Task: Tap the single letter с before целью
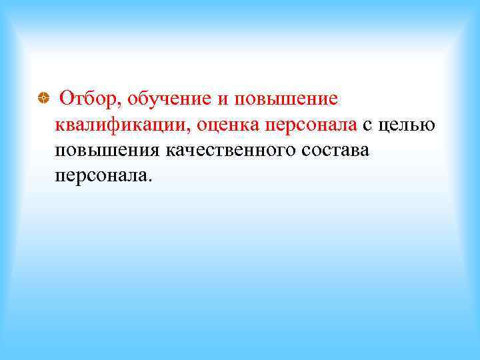click(368, 125)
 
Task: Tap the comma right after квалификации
click(191, 130)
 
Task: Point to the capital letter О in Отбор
click(66, 99)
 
